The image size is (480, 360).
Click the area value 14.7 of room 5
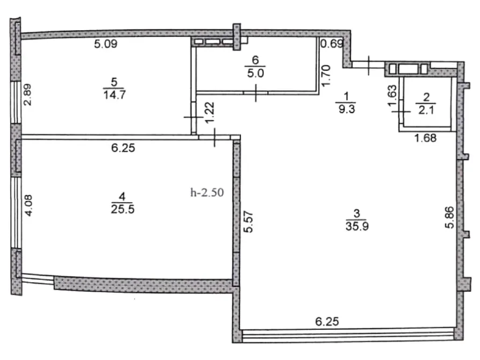(114, 95)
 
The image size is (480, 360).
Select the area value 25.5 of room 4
(123, 209)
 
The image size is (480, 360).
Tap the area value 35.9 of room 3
(357, 226)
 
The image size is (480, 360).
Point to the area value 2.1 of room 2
(426, 110)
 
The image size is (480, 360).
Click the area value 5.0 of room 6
(256, 73)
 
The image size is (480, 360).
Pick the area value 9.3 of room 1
(347, 109)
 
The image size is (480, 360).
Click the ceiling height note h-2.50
(207, 192)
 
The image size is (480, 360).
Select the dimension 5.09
(105, 44)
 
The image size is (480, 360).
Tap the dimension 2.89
(27, 95)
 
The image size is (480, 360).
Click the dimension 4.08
(28, 205)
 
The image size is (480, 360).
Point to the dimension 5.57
(249, 221)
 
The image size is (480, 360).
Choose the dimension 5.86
(449, 218)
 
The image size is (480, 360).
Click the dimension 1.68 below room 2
(425, 138)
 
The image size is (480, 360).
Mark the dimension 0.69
(332, 44)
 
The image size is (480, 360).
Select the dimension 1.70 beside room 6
(326, 75)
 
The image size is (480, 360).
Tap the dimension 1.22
(210, 113)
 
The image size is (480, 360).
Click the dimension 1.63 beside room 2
(392, 96)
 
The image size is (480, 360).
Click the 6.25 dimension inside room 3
(327, 321)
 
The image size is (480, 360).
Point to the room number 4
(122, 196)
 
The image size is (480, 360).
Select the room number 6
(255, 60)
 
